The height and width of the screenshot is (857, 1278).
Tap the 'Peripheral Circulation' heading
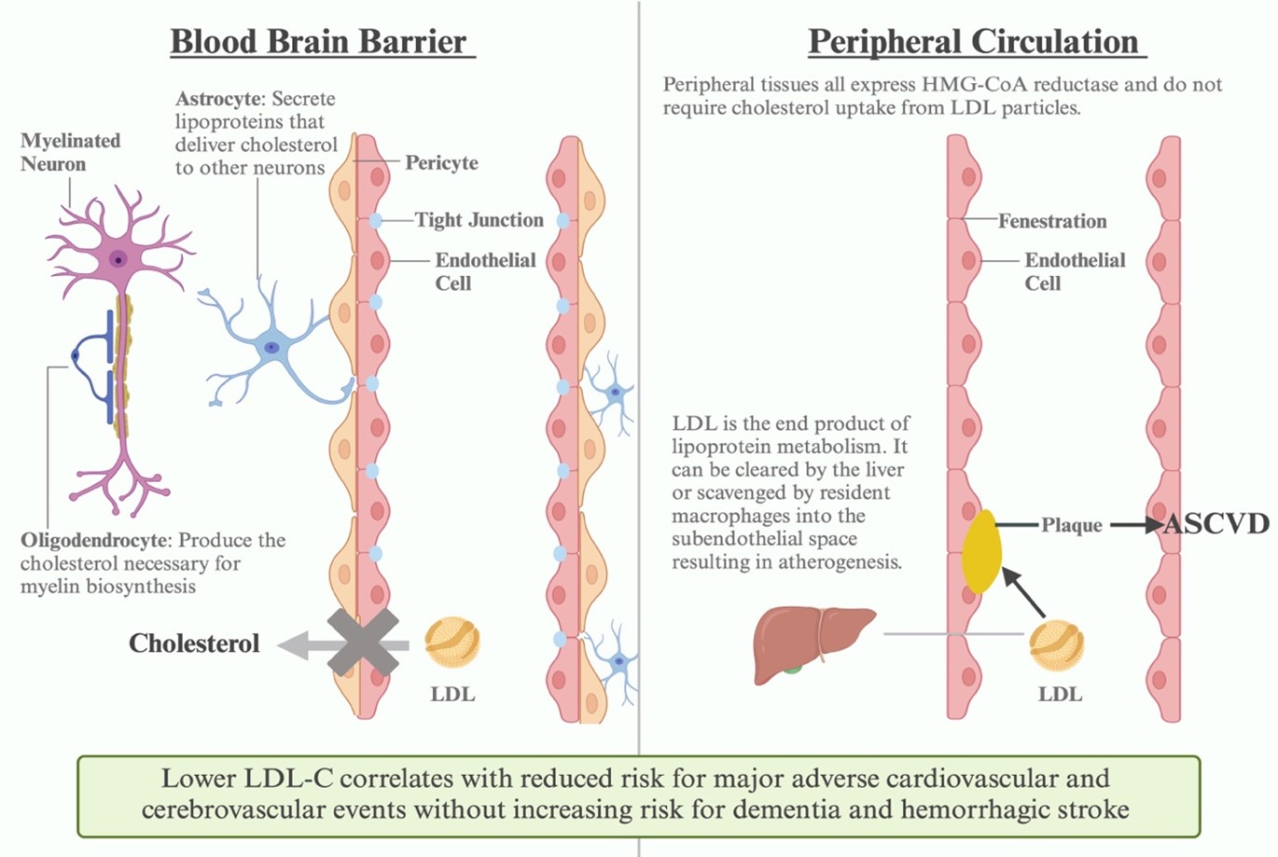(x=973, y=42)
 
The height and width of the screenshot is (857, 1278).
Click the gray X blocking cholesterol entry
(x=363, y=643)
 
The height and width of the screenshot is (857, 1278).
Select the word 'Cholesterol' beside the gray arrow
(x=194, y=643)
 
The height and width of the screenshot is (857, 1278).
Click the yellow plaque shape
(x=980, y=551)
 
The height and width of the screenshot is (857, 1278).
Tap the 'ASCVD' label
(x=1216, y=524)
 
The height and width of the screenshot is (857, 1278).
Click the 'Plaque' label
(x=1071, y=525)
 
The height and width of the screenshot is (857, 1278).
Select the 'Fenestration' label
(x=1052, y=221)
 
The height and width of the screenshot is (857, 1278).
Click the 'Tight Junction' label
(x=479, y=220)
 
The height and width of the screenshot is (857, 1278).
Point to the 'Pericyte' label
(x=441, y=162)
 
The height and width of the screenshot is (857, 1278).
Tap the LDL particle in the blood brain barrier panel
(x=452, y=641)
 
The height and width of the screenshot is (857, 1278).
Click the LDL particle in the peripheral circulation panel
(x=1057, y=646)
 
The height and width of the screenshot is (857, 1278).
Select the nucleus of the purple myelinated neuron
(x=118, y=259)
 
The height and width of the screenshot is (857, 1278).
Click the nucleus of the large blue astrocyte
(x=271, y=347)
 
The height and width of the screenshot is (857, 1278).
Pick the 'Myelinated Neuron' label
(x=71, y=152)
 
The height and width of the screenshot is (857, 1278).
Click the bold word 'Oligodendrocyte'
(x=95, y=541)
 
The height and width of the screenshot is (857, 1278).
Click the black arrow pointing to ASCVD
(x=1136, y=525)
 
